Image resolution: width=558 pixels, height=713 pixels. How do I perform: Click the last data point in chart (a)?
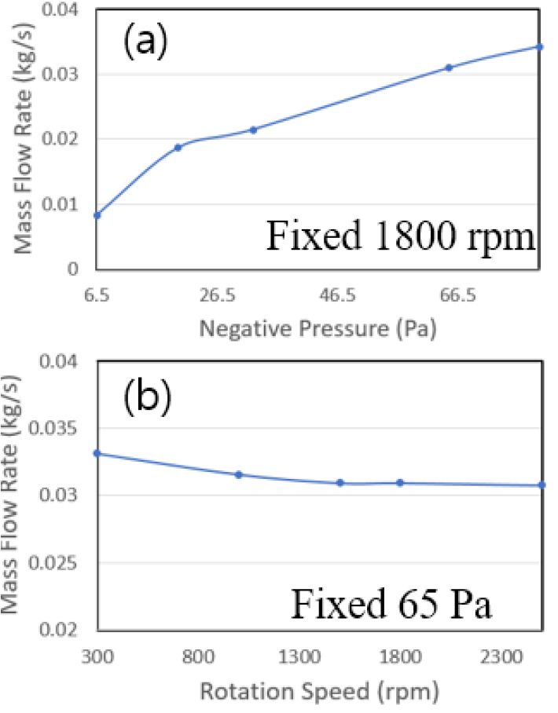(541, 47)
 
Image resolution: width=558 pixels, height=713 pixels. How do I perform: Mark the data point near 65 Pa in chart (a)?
(449, 68)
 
